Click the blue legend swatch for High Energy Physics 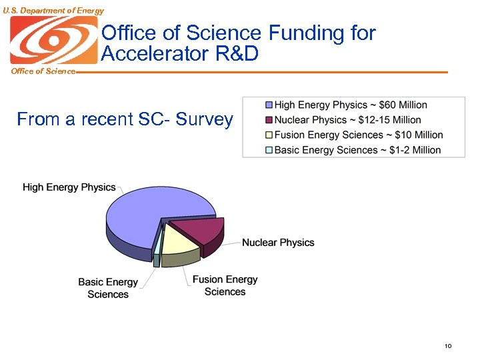[x=269, y=105]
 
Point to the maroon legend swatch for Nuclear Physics [x=269, y=120]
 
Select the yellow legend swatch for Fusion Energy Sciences [x=269, y=135]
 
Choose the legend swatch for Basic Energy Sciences [x=269, y=150]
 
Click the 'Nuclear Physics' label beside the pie [x=278, y=243]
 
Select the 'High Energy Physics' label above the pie [x=69, y=187]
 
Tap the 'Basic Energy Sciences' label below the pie [x=108, y=288]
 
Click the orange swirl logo [x=53, y=40]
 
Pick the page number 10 [x=448, y=346]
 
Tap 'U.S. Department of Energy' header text [x=53, y=10]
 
